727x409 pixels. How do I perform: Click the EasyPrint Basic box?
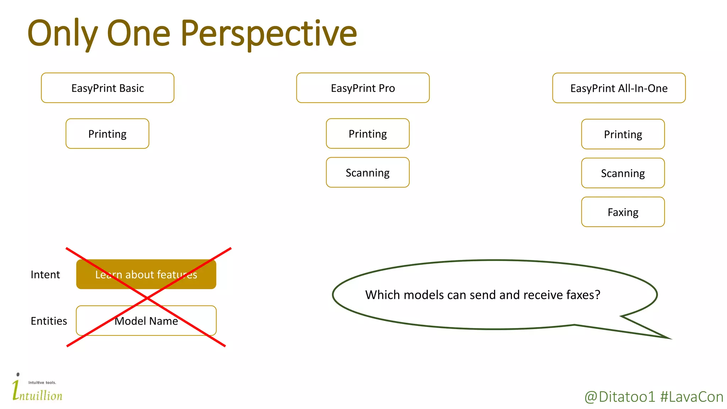pos(108,88)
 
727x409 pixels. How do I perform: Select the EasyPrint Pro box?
pos(363,88)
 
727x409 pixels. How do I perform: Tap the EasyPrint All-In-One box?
pos(619,88)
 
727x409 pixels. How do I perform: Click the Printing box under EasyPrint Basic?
pos(107,134)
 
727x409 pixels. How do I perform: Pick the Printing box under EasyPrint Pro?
pos(367,134)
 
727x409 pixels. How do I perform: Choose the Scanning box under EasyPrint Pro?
pos(367,173)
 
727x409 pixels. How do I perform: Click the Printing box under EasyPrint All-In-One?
pos(623,134)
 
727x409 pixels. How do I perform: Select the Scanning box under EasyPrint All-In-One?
pos(623,173)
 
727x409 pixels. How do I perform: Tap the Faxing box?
pos(623,212)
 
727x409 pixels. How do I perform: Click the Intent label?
pos(45,274)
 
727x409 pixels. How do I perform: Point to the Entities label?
pos(49,321)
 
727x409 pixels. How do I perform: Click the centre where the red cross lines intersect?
pos(147,298)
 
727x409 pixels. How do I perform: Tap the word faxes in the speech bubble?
pos(583,295)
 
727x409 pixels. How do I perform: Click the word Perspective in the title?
pos(269,34)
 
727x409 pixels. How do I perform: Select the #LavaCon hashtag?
pos(692,397)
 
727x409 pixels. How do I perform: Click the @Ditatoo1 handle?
pos(619,397)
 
